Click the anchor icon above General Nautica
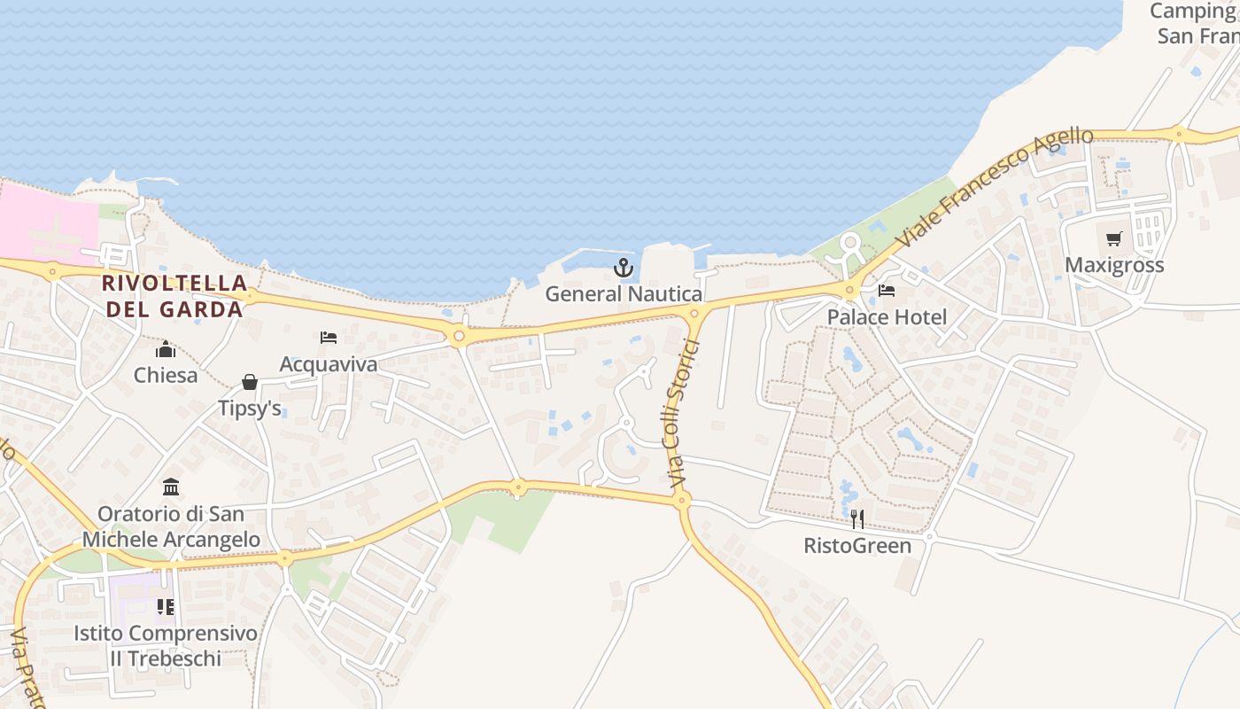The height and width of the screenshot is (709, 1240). click(x=624, y=267)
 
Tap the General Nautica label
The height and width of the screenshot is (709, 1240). click(x=624, y=294)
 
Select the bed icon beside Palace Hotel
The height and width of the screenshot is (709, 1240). click(x=886, y=291)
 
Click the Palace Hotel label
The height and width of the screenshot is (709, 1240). click(x=887, y=317)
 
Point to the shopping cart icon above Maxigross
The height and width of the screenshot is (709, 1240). click(x=1113, y=238)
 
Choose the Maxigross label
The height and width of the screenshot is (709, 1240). click(x=1113, y=265)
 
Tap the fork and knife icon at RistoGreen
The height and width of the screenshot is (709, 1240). click(x=856, y=518)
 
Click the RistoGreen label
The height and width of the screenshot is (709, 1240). click(x=856, y=545)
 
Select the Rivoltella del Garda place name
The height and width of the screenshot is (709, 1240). click(x=174, y=296)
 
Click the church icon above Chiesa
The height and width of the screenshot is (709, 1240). click(x=166, y=349)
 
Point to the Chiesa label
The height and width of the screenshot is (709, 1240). click(x=166, y=375)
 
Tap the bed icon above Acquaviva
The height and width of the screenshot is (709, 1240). click(x=328, y=338)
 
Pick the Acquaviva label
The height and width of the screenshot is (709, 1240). click(x=328, y=364)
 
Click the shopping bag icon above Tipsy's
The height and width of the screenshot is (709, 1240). click(x=250, y=382)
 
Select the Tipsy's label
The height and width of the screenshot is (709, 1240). click(x=250, y=409)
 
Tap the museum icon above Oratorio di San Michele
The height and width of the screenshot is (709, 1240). click(x=171, y=487)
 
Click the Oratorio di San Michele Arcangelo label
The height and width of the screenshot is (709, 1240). click(x=171, y=526)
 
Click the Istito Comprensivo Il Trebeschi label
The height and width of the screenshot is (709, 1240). click(x=166, y=646)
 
